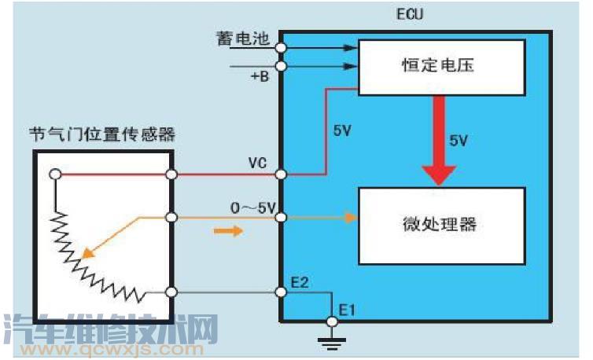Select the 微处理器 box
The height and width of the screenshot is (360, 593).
click(441, 225)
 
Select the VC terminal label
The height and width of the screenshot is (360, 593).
click(258, 163)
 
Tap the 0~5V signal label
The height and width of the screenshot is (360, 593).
click(252, 208)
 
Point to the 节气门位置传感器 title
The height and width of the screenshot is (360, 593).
click(102, 134)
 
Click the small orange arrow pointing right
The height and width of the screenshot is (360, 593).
click(225, 231)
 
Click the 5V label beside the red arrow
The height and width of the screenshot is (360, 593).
click(459, 141)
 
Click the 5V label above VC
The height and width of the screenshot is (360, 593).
click(342, 130)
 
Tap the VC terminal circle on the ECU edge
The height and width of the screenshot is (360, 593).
click(281, 174)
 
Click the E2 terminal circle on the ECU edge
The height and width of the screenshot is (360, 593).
click(281, 292)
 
